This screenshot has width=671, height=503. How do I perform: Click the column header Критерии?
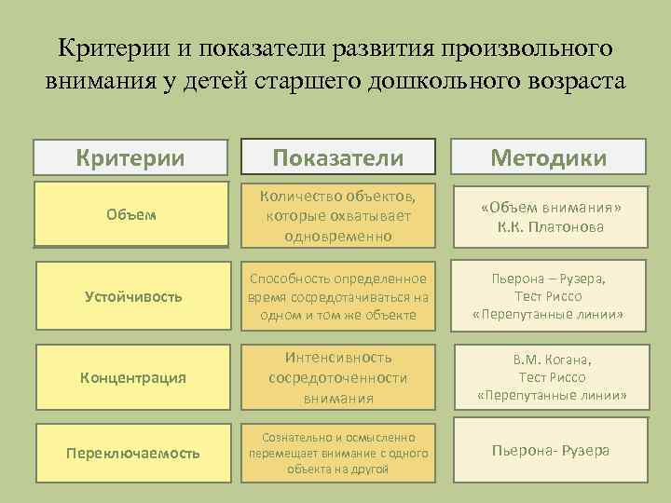(130, 157)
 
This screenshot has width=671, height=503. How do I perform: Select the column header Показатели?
(338, 157)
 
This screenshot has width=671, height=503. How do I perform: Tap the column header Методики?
(549, 157)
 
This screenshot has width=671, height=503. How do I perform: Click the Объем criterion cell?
(130, 215)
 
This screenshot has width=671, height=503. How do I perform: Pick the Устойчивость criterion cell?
(130, 296)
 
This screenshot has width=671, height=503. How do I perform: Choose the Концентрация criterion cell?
(130, 377)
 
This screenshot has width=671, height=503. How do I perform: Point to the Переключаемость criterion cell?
(130, 453)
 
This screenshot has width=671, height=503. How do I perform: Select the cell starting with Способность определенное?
(338, 296)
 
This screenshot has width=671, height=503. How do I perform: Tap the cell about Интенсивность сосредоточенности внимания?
(338, 377)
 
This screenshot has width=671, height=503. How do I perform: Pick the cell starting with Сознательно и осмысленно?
(338, 453)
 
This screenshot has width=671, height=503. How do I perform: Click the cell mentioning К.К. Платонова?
(549, 215)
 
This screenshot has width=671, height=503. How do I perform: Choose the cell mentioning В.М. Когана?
(549, 377)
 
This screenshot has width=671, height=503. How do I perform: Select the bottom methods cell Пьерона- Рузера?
(549, 451)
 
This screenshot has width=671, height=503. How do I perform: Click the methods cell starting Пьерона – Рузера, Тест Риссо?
(549, 296)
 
